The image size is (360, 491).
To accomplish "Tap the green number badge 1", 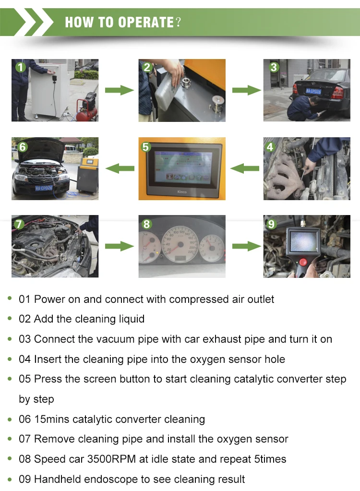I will [20, 67].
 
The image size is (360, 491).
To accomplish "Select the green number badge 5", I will [146, 146].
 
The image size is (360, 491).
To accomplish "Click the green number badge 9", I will [271, 224].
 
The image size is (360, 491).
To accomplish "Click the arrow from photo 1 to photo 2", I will [119, 90].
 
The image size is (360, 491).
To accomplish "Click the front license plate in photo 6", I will [44, 188].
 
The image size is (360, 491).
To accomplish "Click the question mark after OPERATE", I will [178, 22].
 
